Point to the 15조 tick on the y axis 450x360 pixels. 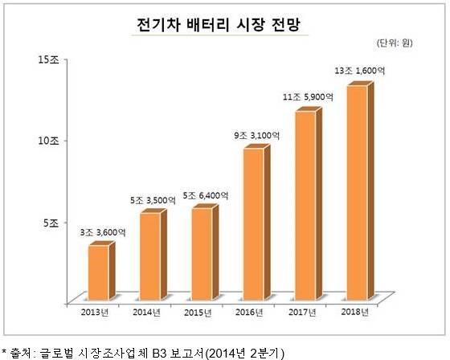coord(48,59)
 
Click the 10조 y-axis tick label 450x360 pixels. coord(48,140)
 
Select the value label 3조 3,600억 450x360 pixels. coord(102,232)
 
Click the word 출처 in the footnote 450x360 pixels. coord(21,351)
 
